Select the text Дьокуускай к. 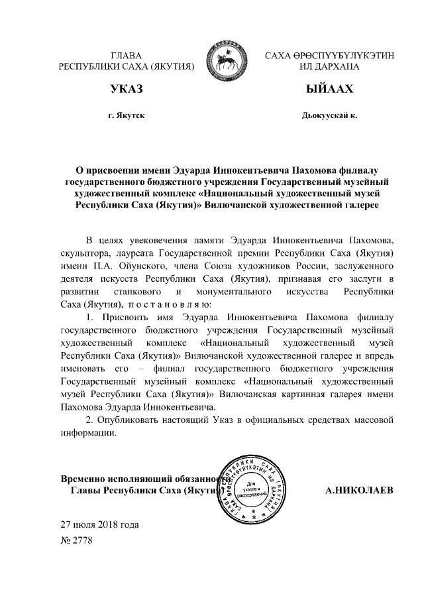point(329,116)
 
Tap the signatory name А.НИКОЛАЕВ point(359,491)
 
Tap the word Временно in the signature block point(83,478)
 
